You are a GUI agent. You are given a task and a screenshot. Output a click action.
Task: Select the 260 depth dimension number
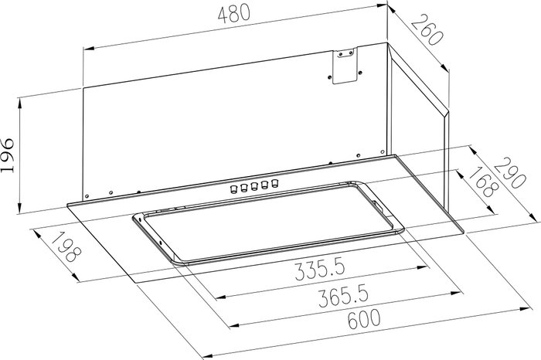pyautogui.click(x=427, y=31)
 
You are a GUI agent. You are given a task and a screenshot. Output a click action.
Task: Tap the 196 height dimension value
pyautogui.click(x=8, y=155)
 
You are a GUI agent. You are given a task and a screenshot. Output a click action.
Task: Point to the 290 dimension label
pyautogui.click(x=510, y=174)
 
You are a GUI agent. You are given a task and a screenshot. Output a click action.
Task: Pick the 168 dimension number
pyautogui.click(x=483, y=182)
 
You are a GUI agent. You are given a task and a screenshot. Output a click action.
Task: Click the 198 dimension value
pyautogui.click(x=66, y=247)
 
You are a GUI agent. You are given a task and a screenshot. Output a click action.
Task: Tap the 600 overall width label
pyautogui.click(x=364, y=320)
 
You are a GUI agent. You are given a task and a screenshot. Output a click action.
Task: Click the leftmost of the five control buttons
pyautogui.click(x=233, y=188)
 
